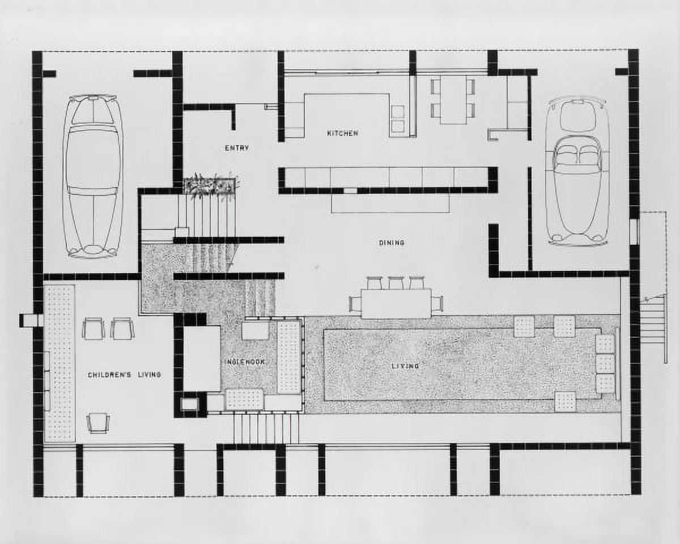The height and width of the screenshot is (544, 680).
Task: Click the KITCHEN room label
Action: point(342,133)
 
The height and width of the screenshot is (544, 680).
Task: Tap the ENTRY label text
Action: point(237,148)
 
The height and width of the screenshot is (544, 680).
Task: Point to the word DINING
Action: point(392,243)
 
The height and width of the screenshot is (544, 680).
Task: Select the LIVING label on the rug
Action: point(406,366)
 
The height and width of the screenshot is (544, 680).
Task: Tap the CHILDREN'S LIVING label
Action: point(124,375)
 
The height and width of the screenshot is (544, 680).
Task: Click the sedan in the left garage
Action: point(93,176)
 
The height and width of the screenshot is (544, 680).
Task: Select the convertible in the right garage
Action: point(577,170)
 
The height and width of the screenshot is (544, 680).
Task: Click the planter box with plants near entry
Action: point(210,186)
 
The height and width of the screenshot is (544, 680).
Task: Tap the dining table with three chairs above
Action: point(396,304)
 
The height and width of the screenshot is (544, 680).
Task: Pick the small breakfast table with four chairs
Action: point(453,100)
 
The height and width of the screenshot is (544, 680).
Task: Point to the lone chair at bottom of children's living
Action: point(99,422)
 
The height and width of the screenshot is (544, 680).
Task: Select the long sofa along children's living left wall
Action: point(59,363)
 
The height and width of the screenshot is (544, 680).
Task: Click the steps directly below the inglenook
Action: point(266,428)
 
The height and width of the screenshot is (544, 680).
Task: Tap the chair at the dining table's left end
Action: point(356,304)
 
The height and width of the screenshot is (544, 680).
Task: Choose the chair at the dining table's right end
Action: point(437,304)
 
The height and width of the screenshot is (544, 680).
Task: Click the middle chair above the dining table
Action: point(396,283)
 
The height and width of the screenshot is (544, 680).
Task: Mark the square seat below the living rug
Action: point(565,401)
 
